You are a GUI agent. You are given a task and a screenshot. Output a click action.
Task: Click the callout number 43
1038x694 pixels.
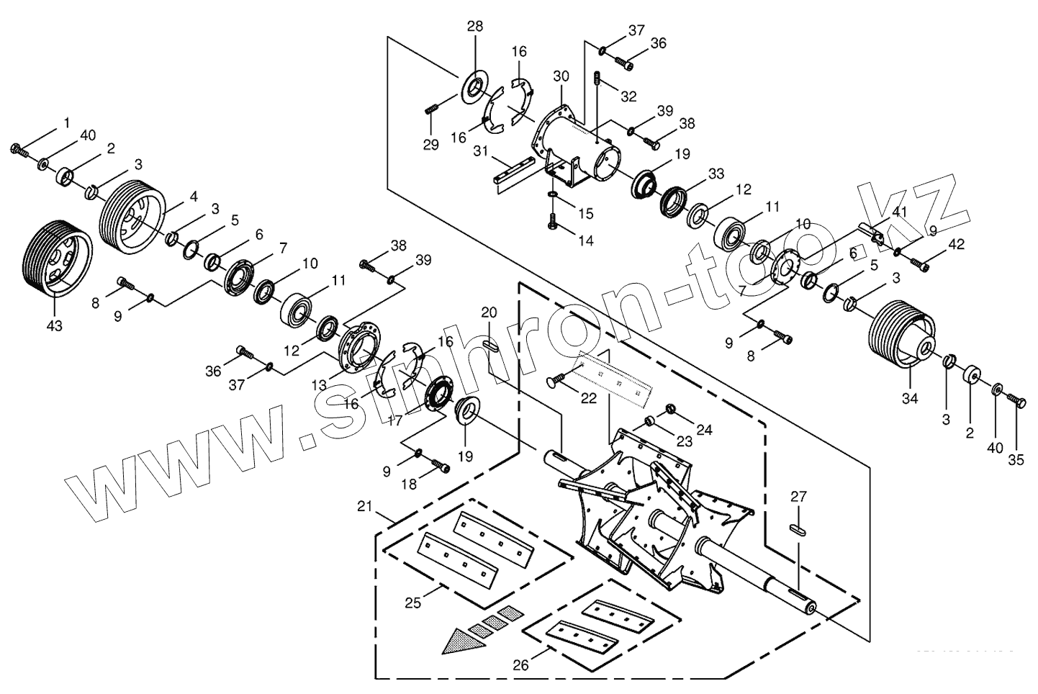tap(54, 325)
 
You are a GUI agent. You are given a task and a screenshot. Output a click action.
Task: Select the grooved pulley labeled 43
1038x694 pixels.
tap(58, 256)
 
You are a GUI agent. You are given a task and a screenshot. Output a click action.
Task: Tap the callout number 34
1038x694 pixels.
tap(911, 398)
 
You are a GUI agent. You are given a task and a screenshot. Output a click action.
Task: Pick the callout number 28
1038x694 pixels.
tap(475, 27)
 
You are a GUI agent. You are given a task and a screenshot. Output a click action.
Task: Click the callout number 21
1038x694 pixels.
tap(365, 507)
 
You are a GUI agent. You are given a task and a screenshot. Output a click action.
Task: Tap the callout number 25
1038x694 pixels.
tap(412, 603)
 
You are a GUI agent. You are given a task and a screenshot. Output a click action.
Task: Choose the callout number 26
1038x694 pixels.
tap(521, 665)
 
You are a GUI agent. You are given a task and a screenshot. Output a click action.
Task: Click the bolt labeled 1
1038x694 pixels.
tap(18, 150)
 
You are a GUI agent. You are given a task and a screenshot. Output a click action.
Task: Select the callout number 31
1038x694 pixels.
tap(481, 150)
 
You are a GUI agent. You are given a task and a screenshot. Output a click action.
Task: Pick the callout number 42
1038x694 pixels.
tap(955, 244)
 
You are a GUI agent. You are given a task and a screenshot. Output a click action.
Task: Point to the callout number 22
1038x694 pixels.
tap(589, 397)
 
